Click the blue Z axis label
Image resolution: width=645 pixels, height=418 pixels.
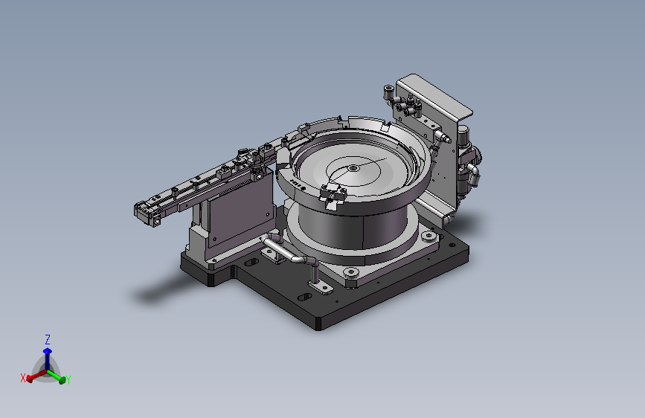point(48,339)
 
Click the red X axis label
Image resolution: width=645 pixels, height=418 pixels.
point(23,378)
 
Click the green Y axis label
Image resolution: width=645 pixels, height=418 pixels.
point(68,380)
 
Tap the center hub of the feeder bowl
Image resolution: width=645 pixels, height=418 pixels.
point(353,168)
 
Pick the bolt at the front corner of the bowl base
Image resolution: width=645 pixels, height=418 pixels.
point(351,272)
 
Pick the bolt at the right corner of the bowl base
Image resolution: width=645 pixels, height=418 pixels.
point(429,237)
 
